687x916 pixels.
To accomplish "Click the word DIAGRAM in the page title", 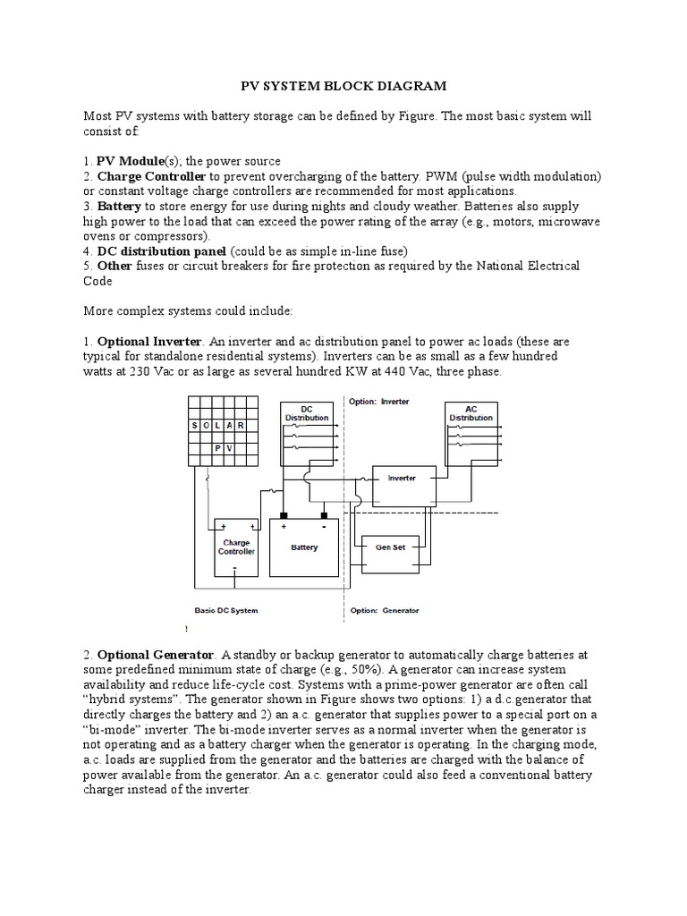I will (395, 86).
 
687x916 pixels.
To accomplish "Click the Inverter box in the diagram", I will (402, 479).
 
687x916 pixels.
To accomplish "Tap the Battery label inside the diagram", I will (304, 547).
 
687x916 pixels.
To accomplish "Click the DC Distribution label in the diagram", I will (306, 412).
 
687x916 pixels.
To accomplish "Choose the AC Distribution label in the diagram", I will (471, 412).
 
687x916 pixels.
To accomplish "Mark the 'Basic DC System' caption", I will (226, 611).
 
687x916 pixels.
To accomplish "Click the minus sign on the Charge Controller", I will (234, 566).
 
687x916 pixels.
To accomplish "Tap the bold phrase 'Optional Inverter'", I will (144, 343).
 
